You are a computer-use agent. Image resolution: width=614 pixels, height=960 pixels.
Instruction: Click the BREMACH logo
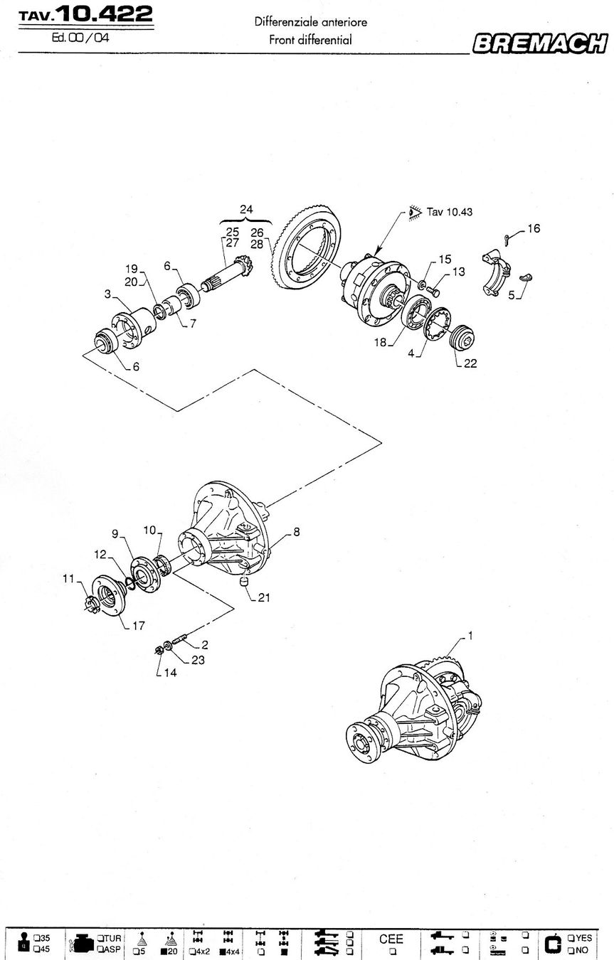click(540, 43)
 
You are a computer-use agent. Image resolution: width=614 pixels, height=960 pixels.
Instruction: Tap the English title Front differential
click(310, 40)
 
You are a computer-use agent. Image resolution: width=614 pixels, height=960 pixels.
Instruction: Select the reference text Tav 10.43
click(450, 212)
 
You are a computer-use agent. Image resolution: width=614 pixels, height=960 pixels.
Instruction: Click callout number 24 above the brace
click(246, 209)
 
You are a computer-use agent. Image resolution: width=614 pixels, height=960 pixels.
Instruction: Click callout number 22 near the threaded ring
click(470, 363)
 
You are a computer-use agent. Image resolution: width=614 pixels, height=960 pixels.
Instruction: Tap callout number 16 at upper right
click(534, 228)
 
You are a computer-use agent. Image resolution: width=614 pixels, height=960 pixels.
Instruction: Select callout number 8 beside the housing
click(296, 532)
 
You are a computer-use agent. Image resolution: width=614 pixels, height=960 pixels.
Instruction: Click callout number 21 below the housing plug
click(264, 597)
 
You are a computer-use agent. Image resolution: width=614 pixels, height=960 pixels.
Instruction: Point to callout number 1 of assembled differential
click(470, 636)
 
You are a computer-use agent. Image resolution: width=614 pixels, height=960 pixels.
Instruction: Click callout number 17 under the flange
click(139, 626)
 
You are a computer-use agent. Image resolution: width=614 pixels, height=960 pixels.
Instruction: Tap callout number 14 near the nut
click(170, 673)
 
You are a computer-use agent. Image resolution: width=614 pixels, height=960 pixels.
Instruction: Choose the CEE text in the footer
click(391, 939)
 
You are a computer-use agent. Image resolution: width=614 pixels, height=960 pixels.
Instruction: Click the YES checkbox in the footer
click(571, 938)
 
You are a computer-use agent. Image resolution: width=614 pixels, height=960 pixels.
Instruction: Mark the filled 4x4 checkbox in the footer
click(223, 952)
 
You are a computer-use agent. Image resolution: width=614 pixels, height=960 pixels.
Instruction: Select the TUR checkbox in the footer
click(99, 938)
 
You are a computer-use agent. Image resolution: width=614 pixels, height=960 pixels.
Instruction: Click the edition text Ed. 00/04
click(80, 38)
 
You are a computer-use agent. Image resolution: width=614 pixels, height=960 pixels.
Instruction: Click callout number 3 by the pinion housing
click(107, 294)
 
